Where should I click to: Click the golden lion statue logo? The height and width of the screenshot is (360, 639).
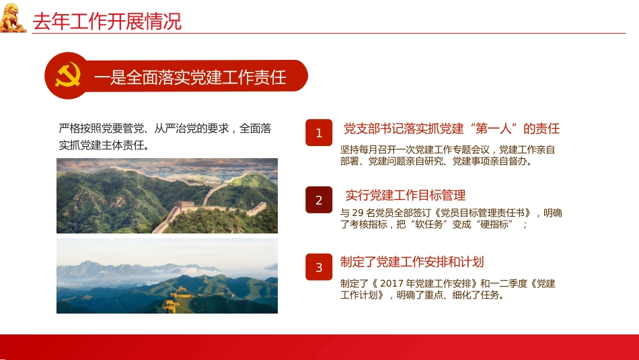coord(13,17)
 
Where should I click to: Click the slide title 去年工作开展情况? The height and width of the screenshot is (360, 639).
coord(108,21)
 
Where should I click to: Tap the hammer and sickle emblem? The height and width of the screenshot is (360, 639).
coord(67,75)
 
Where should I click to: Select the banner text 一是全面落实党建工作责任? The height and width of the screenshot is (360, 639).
coord(190,77)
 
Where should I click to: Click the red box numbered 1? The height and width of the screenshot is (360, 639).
coord(319,133)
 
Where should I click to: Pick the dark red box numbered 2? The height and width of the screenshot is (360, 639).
coord(319,200)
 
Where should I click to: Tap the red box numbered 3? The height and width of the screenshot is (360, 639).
coord(319,267)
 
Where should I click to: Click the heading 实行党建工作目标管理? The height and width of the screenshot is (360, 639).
coord(406,195)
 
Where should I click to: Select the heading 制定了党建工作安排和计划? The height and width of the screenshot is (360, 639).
coord(412,262)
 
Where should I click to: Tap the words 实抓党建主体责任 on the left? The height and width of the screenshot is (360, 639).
coord(101,145)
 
